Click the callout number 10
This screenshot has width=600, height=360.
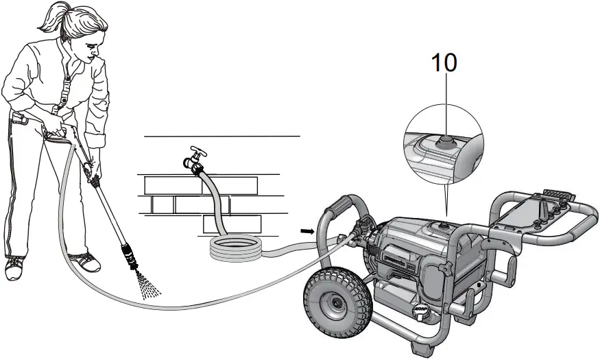pos(444,62)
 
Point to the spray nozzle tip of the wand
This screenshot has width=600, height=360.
pos(134,261)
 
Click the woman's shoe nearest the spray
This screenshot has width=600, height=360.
pos(84,262)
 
